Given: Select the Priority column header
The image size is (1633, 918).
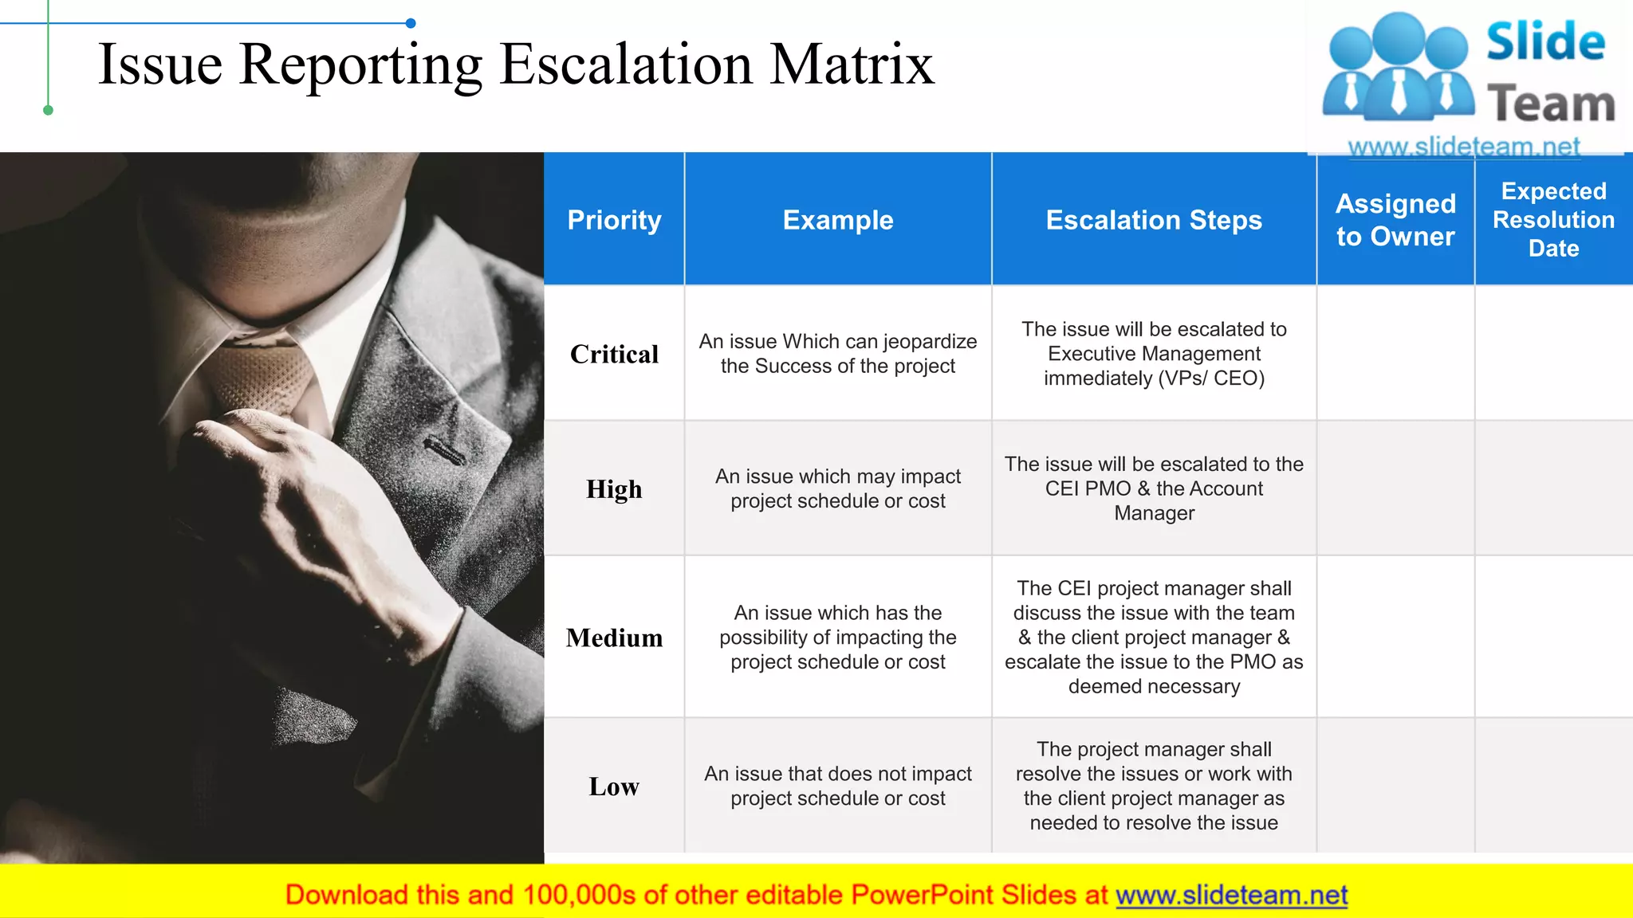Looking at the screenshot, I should click(614, 220).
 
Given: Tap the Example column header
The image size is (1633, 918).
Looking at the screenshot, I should click(838, 220).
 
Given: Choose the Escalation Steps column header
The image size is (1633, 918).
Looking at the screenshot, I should click(1154, 220).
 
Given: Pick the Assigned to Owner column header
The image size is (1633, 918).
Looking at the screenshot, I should click(1395, 220).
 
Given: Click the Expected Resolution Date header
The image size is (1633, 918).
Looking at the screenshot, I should click(1553, 220).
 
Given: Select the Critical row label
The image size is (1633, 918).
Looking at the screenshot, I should click(614, 354).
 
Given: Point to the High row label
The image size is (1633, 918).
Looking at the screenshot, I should click(614, 488).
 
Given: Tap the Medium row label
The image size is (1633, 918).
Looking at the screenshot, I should click(614, 637).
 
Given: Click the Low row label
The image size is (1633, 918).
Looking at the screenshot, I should click(614, 787).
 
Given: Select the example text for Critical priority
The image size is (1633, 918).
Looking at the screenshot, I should click(838, 354).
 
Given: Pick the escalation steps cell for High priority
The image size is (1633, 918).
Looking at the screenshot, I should click(1154, 488).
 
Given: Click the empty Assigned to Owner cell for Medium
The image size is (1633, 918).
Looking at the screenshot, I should click(1395, 637).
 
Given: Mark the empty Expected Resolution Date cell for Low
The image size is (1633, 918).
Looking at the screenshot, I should click(1553, 787).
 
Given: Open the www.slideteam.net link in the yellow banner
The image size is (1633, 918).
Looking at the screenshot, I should click(1231, 895).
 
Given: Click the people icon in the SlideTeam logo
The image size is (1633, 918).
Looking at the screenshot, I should click(1398, 68).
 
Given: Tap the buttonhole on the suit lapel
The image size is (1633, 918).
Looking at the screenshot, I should click(444, 451).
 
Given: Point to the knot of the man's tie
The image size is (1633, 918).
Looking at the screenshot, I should click(263, 375).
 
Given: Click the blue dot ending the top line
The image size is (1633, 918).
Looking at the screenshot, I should click(411, 23).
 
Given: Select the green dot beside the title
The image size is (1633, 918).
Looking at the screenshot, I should click(48, 110).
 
